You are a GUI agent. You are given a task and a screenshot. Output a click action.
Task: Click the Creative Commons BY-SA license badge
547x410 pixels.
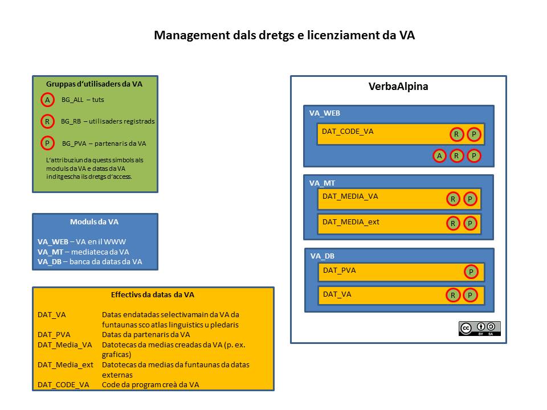[x=479, y=329]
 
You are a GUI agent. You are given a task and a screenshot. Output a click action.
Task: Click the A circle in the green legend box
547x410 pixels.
[x=47, y=100]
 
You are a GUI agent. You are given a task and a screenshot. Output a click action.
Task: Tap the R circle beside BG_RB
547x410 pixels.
[x=47, y=122]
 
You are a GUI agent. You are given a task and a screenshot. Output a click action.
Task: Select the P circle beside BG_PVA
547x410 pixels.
[x=47, y=143]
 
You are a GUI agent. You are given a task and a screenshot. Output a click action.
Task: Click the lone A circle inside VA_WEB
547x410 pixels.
[x=439, y=156]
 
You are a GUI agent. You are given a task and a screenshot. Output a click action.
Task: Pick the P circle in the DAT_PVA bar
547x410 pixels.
[x=471, y=272]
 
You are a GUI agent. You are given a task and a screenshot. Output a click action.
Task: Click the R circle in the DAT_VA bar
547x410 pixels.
[x=453, y=296]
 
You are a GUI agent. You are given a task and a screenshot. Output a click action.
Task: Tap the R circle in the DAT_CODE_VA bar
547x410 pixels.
[x=456, y=134]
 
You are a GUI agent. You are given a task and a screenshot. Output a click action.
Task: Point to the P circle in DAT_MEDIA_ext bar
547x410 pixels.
[x=470, y=223]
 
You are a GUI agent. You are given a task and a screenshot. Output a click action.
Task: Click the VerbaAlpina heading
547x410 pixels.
[x=398, y=87]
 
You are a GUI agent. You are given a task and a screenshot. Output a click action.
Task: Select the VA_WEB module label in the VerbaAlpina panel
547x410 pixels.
[x=324, y=113]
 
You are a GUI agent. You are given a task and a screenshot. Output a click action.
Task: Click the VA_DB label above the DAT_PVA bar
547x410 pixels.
[x=323, y=256]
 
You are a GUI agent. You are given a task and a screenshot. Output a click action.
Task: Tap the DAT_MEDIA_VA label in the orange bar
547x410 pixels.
[x=350, y=196]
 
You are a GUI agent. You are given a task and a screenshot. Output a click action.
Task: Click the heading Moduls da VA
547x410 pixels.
[x=94, y=222]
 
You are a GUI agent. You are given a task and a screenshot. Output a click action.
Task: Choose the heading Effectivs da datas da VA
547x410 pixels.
[x=153, y=295]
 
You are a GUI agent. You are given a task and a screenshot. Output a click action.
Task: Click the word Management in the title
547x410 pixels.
[x=192, y=35]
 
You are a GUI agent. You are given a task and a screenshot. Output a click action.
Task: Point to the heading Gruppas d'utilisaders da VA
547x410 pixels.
[x=94, y=84]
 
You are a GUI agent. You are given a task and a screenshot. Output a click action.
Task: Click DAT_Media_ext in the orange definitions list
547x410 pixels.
[x=65, y=365]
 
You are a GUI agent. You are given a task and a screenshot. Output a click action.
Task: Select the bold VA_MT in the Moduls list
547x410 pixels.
[x=50, y=252]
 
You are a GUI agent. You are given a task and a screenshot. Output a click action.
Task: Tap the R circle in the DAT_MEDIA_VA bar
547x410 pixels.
[x=453, y=199]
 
